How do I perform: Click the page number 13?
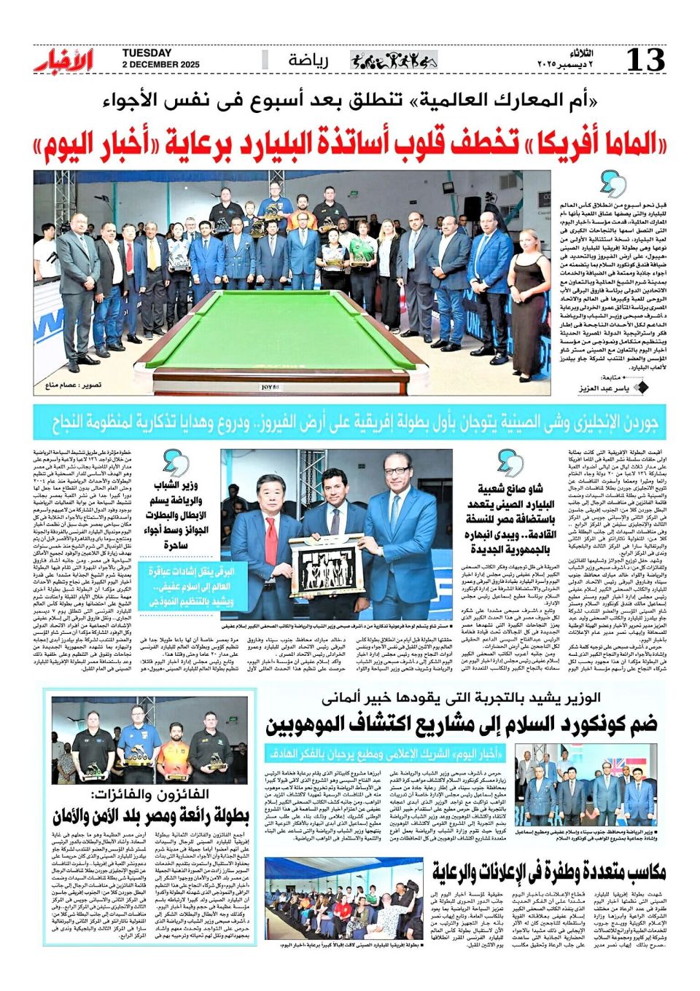646,60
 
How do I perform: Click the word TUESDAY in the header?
147,53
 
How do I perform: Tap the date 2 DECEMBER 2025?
160,66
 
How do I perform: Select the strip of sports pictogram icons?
394,60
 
